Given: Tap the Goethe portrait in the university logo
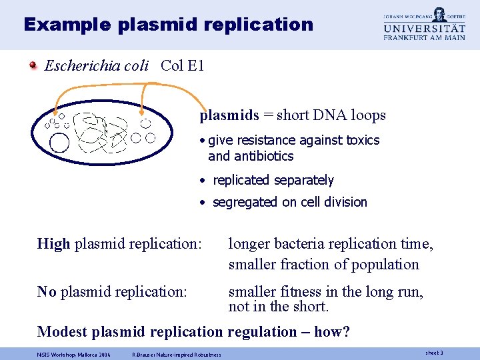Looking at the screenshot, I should coord(438,15).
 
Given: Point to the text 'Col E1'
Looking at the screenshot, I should coord(182,65).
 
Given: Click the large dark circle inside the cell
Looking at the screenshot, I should coord(59,143).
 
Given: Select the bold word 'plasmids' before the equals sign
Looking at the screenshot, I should coord(229,115).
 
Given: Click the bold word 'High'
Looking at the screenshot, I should coord(53,244).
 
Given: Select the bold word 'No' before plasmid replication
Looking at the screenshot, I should coord(47,292).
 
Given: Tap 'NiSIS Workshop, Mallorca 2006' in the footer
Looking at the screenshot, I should coord(74,354).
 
